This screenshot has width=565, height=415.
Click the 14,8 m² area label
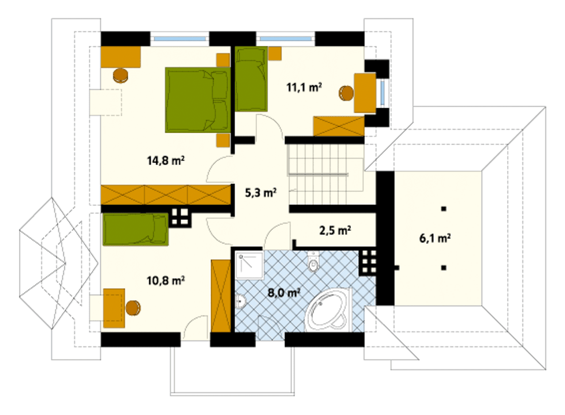pyautogui.click(x=166, y=161)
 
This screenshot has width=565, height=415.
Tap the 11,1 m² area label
pyautogui.click(x=304, y=87)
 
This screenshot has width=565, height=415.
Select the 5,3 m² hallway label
pyautogui.click(x=261, y=193)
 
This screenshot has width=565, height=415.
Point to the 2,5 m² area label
pyautogui.click(x=335, y=230)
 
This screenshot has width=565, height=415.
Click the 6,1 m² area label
pyautogui.click(x=435, y=238)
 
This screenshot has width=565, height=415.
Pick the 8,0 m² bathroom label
pyautogui.click(x=284, y=293)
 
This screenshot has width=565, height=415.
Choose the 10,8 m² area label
pyautogui.click(x=166, y=280)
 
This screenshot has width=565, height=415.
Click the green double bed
pyautogui.click(x=198, y=100)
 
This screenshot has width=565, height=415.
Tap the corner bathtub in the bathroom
pyautogui.click(x=328, y=310)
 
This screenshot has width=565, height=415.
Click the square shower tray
pyautogui.click(x=249, y=266)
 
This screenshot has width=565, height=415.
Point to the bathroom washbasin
pyautogui.click(x=241, y=301)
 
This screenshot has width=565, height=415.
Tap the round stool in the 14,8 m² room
pyautogui.click(x=121, y=75)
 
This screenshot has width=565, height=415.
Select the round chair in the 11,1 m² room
pyautogui.click(x=347, y=93)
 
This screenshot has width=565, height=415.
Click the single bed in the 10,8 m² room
pyautogui.click(x=136, y=229)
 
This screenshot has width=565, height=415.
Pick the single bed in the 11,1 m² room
pyautogui.click(x=251, y=79)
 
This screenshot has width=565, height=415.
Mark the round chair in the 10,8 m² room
pyautogui.click(x=133, y=308)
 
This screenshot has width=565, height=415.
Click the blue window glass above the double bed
pyautogui.click(x=180, y=39)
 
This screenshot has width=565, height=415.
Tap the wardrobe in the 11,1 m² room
pyautogui.click(x=339, y=126)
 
